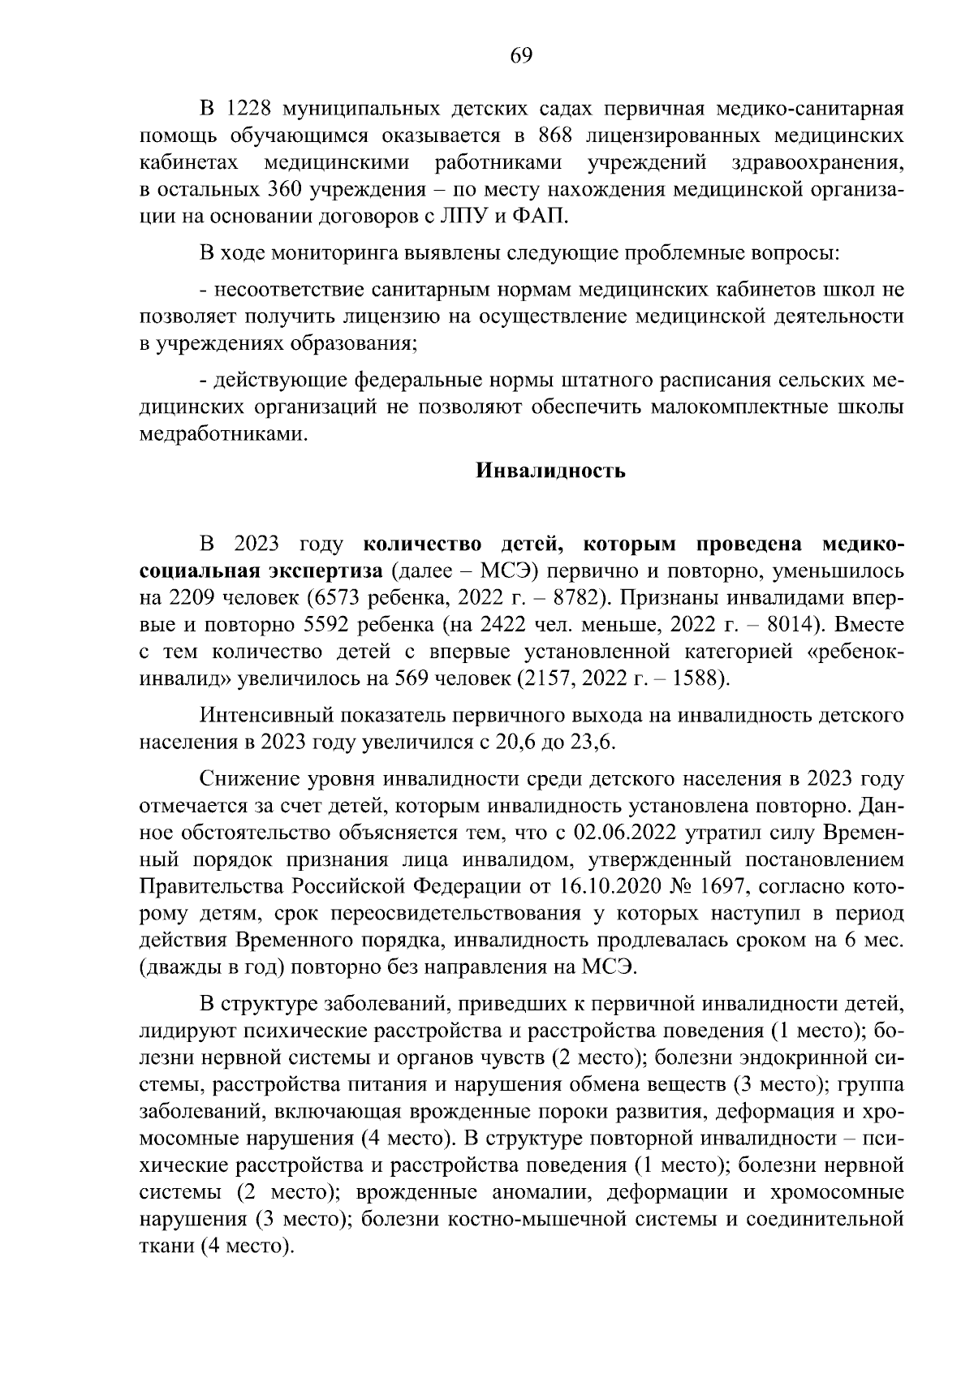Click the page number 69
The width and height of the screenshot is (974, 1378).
click(520, 56)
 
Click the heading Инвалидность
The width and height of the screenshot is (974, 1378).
click(549, 472)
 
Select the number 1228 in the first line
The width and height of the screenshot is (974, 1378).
click(246, 109)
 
